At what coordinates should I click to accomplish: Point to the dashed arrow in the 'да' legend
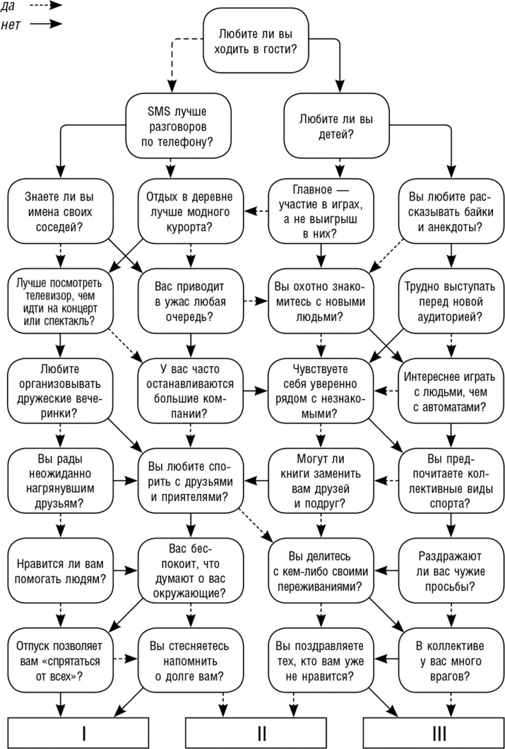pos(45,6)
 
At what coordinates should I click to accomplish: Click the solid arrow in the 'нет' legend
pos(45,24)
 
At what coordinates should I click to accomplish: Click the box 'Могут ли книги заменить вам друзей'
pos(320,480)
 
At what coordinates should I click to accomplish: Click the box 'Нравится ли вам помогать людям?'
pos(59,570)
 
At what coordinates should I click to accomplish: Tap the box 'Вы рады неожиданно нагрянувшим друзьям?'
pos(59,480)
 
